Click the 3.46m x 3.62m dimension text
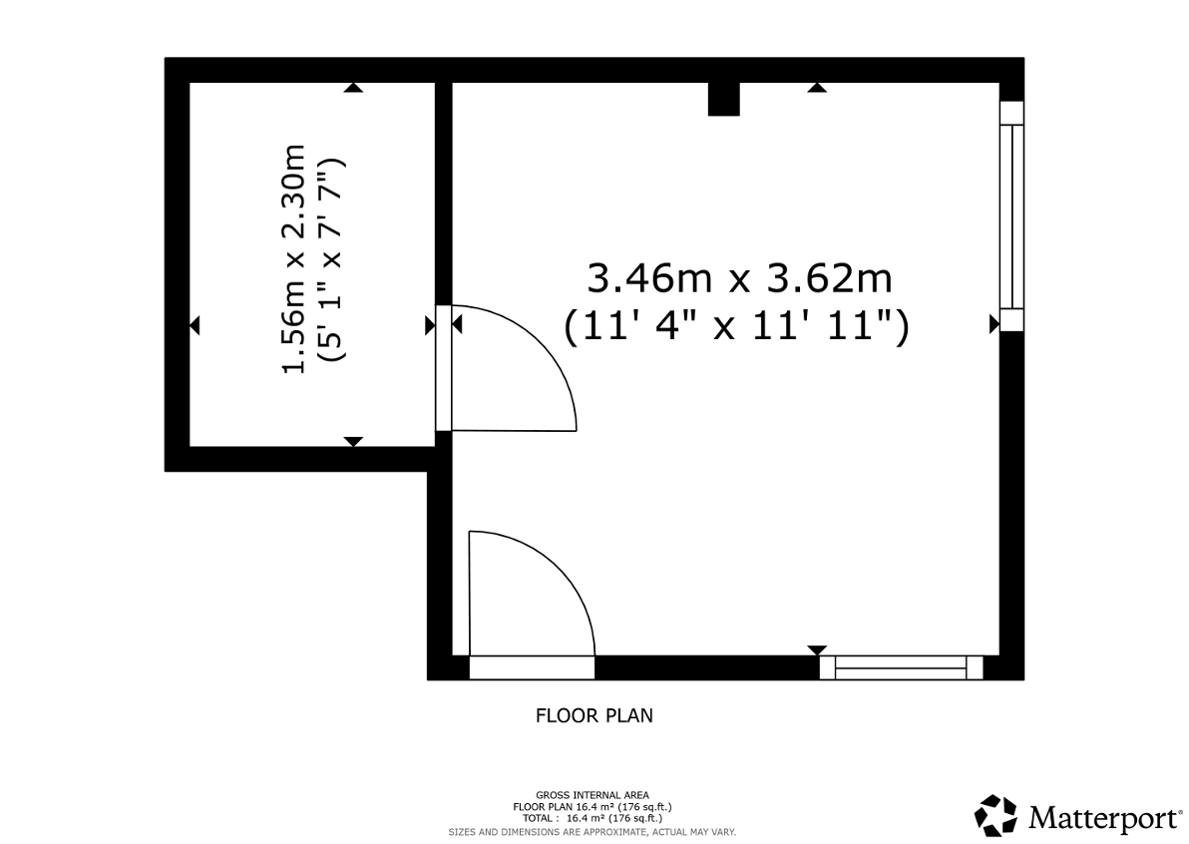[x=739, y=278]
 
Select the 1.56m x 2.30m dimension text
[x=293, y=258]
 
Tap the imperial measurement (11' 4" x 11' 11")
[x=736, y=327]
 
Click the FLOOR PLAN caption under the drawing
[x=594, y=716]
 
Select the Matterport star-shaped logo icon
[x=995, y=815]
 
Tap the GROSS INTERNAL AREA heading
[x=593, y=795]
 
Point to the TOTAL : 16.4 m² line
[x=593, y=818]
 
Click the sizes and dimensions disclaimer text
[x=593, y=832]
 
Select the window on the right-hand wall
[x=1011, y=216]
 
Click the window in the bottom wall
[x=901, y=667]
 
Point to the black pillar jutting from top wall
[x=723, y=99]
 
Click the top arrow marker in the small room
[x=353, y=88]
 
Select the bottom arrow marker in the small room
[x=353, y=441]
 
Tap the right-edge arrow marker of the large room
[x=994, y=324]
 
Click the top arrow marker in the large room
[x=817, y=88]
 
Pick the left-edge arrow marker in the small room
[x=195, y=326]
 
